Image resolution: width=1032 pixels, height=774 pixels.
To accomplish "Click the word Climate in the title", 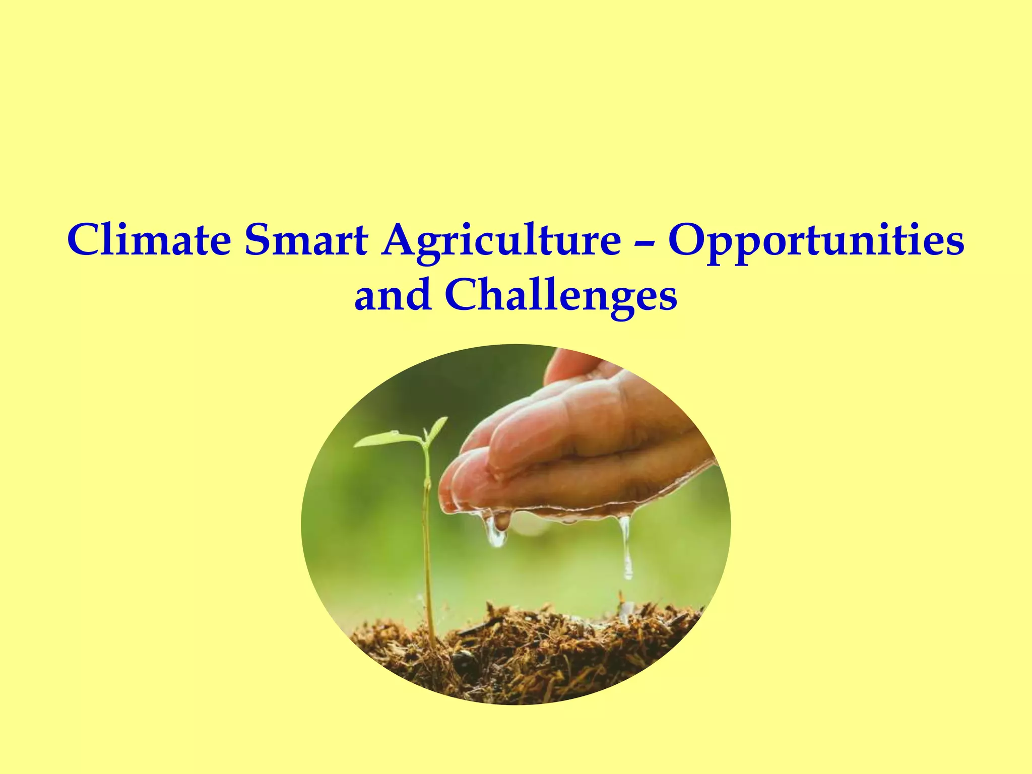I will point(149,239).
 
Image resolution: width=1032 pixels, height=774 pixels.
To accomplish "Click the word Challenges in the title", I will point(561,295).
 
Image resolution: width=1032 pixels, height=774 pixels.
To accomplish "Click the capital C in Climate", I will point(84,239).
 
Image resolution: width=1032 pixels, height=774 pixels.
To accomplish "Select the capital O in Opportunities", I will point(689,239).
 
